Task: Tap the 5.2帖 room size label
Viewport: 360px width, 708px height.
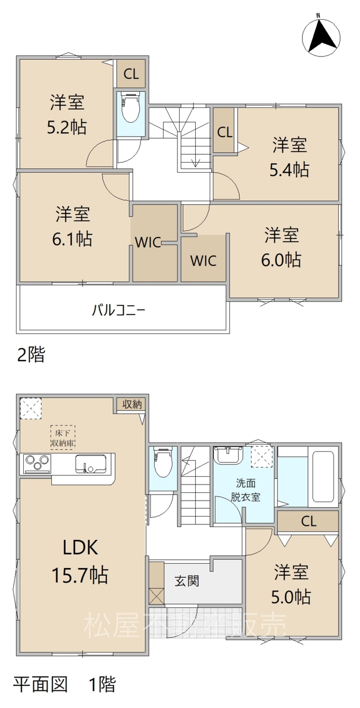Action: click(67, 127)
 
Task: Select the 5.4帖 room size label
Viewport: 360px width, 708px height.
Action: click(289, 170)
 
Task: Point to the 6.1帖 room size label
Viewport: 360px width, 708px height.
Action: click(72, 238)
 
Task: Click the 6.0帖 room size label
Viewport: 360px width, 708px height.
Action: click(281, 260)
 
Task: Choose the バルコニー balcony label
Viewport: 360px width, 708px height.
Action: click(119, 311)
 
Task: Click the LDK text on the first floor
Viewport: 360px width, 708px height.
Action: click(80, 548)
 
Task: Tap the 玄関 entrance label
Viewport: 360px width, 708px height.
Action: click(187, 581)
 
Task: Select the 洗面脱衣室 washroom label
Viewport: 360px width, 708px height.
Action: click(246, 490)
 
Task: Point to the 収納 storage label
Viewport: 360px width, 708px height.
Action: click(132, 404)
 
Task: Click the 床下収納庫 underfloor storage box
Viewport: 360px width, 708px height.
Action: click(62, 437)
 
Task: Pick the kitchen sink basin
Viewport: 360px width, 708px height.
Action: click(91, 464)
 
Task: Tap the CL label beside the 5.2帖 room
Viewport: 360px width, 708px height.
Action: click(131, 74)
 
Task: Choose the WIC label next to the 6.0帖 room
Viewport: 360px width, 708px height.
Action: click(204, 261)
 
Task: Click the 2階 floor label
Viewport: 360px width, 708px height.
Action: click(30, 354)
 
